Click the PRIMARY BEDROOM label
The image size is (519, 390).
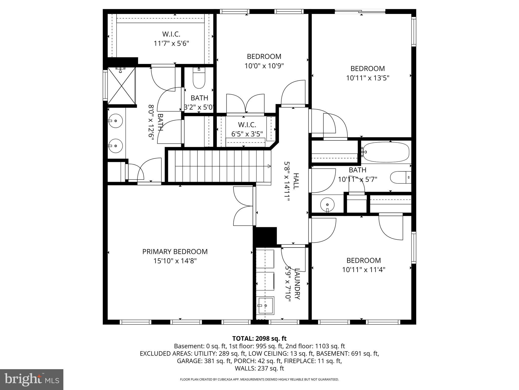[x=175, y=252]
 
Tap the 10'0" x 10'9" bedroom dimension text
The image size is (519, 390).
[x=264, y=66]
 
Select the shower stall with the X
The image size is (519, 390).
[x=122, y=86]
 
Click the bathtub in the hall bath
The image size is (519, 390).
[x=386, y=152]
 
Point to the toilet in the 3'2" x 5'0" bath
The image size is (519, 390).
[x=199, y=79]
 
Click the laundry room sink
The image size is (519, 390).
[x=265, y=305]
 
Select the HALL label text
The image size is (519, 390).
[x=296, y=181]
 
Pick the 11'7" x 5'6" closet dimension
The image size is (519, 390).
[x=172, y=43]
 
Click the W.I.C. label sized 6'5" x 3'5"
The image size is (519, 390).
[x=247, y=125]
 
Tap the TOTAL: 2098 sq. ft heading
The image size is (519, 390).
[x=259, y=338]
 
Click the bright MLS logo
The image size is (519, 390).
[x=32, y=380]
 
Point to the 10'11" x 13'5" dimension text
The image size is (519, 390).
[x=368, y=78]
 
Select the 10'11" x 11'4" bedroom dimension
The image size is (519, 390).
[x=364, y=270]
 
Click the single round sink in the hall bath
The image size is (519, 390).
[x=327, y=204]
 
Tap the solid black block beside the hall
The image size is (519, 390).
[x=265, y=236]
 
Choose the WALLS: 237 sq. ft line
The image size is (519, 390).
[x=259, y=368]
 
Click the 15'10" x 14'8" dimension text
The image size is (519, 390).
[x=175, y=261]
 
